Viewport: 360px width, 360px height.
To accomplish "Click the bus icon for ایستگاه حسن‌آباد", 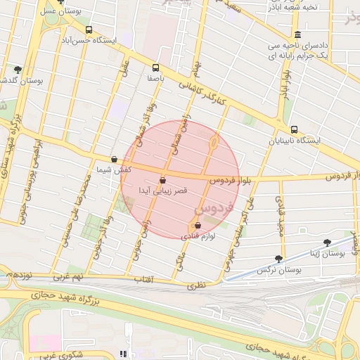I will (x=89, y=30).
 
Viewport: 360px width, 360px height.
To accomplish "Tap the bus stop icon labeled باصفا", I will (x=155, y=68).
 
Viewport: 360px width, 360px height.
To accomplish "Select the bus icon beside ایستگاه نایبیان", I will (x=294, y=129).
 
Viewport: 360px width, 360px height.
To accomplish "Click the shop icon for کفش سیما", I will (x=115, y=160).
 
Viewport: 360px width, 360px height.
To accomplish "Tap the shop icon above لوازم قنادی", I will (x=197, y=226).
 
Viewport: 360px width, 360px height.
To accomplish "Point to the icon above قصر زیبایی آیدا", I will (x=162, y=180).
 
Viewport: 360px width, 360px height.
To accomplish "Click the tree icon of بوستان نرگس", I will (x=278, y=259).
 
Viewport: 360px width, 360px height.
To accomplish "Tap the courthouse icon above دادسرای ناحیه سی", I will (x=297, y=34).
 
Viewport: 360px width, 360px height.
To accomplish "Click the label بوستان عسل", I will (x=58, y=12).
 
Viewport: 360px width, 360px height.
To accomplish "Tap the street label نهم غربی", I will (x=90, y=277).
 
